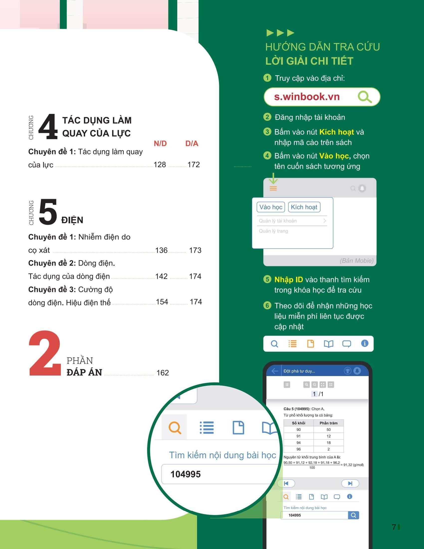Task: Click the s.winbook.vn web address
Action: [307, 97]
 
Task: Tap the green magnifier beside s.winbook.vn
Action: [365, 97]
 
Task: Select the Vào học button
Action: [271, 207]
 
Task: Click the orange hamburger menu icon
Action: [273, 188]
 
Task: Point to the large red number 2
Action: [45, 353]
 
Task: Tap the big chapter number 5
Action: [48, 212]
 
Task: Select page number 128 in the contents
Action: [160, 165]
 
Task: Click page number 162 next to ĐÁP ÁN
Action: [163, 373]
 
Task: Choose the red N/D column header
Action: [160, 143]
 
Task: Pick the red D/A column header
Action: [192, 143]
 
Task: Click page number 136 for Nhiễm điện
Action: [161, 250]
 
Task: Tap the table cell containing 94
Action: [298, 443]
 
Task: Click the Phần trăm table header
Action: [328, 423]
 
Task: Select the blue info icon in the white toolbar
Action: [365, 343]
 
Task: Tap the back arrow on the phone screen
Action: [275, 371]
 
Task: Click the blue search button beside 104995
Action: [353, 515]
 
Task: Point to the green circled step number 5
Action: [267, 279]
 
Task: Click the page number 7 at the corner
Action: [394, 527]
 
